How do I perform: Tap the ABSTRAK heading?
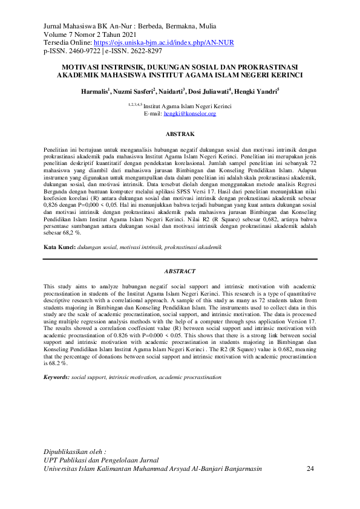pos(180,134)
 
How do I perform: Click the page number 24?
pos(311,468)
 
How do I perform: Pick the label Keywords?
pos(56,377)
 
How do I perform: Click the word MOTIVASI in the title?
pos(84,67)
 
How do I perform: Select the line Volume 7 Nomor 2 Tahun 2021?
pos(91,35)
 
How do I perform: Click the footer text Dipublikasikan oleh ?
pos(76,452)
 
